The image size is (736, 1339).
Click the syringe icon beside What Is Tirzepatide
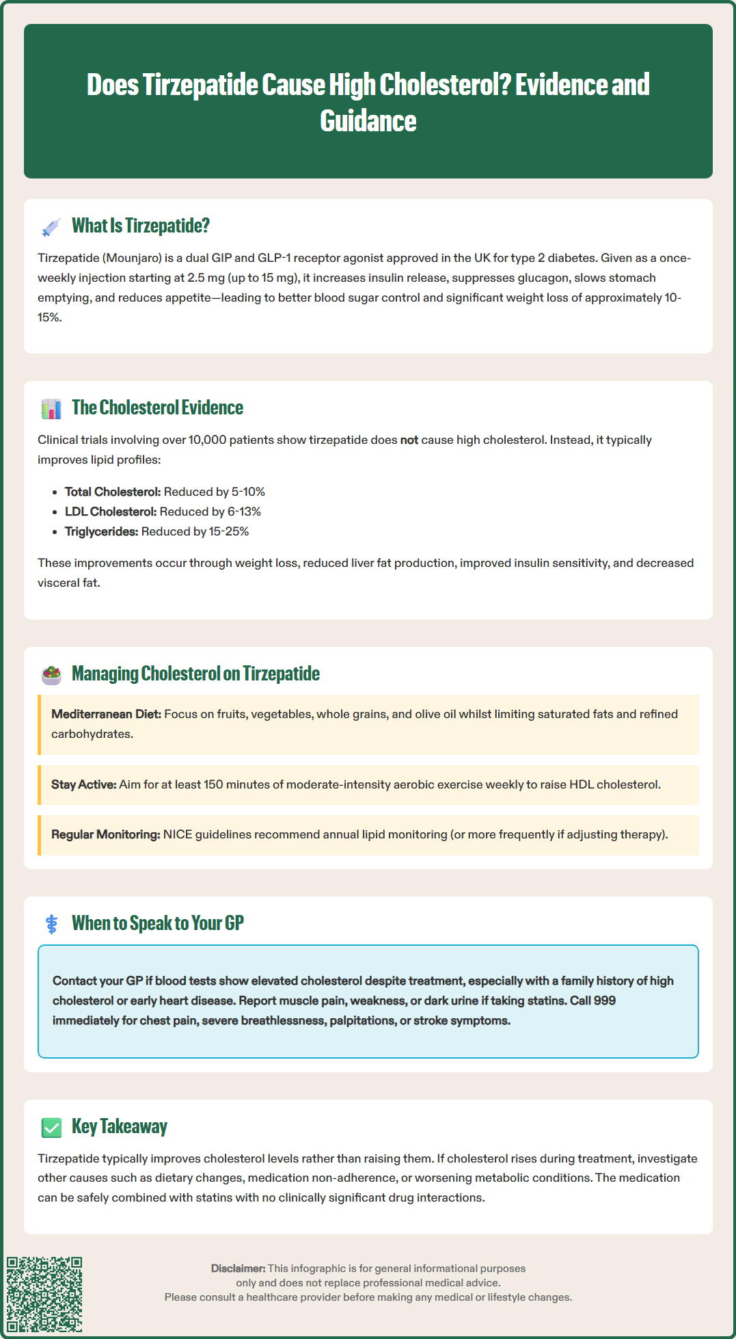(51, 227)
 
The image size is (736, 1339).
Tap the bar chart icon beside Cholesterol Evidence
(51, 409)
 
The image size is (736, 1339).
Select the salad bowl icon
(51, 675)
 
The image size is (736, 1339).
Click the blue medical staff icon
(51, 925)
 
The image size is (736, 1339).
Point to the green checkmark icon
(51, 1128)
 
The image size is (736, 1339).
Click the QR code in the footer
(44, 1294)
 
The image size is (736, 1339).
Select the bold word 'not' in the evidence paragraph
(409, 440)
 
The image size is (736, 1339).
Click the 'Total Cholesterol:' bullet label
(113, 492)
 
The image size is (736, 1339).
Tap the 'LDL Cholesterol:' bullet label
(111, 512)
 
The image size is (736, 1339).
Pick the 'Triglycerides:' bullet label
(101, 532)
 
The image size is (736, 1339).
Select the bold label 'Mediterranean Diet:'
(106, 715)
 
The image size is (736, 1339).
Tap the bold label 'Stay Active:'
(83, 785)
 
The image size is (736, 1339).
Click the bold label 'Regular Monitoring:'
(105, 835)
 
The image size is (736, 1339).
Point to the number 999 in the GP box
(604, 1001)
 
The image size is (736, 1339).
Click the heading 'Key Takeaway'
(120, 1127)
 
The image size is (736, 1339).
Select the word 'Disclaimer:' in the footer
(238, 1269)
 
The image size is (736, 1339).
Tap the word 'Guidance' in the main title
(368, 121)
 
